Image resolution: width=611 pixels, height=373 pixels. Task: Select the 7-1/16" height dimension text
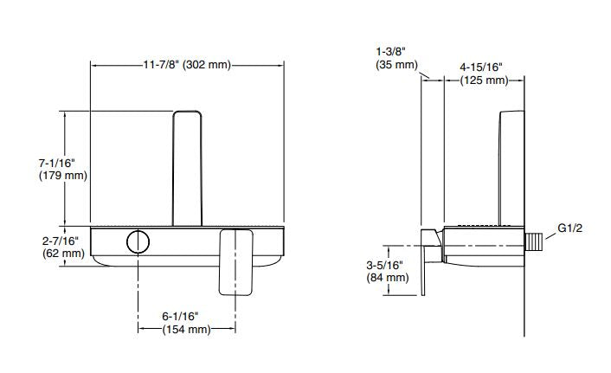click(57, 162)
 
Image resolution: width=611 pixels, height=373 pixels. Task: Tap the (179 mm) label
click(63, 176)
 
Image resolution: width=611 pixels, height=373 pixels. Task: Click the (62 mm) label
click(63, 254)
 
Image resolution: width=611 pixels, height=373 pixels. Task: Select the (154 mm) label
click(186, 330)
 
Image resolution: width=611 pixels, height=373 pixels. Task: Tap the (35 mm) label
click(396, 65)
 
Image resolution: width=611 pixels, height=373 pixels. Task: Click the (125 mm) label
click(484, 80)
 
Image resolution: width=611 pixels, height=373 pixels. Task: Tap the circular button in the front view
click(137, 241)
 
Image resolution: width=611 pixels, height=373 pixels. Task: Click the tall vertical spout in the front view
click(187, 169)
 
